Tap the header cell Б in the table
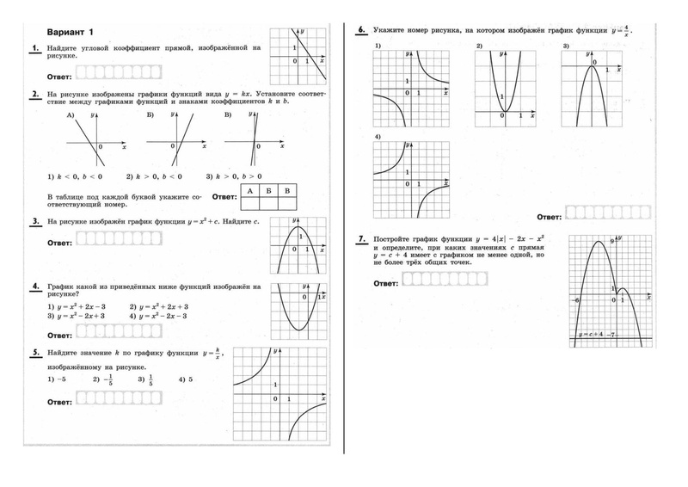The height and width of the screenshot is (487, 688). pyautogui.click(x=268, y=190)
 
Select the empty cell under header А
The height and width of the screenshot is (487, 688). pyautogui.click(x=249, y=204)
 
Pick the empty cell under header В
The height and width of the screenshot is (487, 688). pyautogui.click(x=288, y=204)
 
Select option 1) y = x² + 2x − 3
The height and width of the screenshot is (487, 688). pyautogui.click(x=78, y=306)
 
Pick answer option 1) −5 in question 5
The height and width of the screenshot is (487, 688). pyautogui.click(x=58, y=379)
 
